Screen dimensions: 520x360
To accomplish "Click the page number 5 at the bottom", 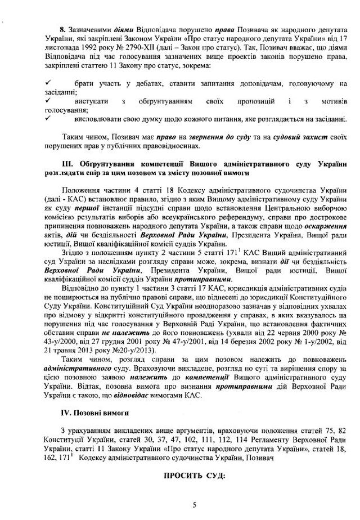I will pyautogui.click(x=193, y=505).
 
